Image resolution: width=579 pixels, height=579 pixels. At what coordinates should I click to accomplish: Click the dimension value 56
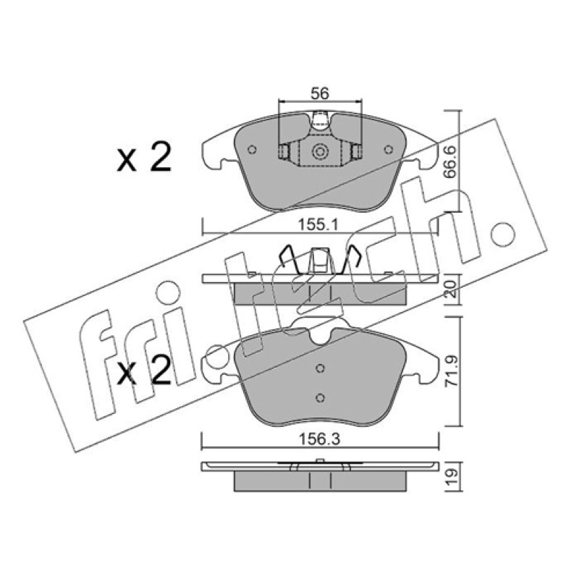[319, 93]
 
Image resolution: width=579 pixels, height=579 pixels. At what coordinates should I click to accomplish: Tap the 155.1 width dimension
[318, 224]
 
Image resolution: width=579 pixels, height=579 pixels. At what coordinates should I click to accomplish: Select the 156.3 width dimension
[319, 439]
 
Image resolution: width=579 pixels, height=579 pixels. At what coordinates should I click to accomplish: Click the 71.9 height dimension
[451, 371]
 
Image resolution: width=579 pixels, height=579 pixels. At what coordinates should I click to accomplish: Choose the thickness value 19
[451, 477]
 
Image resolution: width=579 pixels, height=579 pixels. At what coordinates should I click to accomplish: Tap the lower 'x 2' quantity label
[144, 369]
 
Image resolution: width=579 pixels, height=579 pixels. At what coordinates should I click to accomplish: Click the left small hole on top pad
[253, 150]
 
